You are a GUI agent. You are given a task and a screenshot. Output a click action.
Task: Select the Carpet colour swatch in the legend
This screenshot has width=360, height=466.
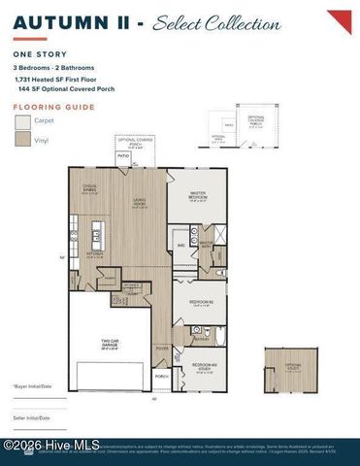(x=22, y=122)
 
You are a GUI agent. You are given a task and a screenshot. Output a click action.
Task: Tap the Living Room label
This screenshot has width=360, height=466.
(x=139, y=204)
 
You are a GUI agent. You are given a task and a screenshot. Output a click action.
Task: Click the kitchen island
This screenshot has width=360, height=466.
(x=97, y=235)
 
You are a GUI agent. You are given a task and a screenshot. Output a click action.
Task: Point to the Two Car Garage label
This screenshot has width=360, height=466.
(x=111, y=341)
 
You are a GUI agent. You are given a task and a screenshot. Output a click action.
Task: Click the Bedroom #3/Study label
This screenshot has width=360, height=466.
(x=200, y=369)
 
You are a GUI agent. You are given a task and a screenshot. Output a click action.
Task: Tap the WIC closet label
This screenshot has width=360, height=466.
(x=180, y=246)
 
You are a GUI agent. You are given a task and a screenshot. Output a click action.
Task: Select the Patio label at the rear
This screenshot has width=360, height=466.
(x=123, y=154)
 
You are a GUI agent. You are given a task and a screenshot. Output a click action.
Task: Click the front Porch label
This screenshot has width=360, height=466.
(x=162, y=377)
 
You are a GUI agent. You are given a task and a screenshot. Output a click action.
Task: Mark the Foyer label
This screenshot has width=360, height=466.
(x=162, y=347)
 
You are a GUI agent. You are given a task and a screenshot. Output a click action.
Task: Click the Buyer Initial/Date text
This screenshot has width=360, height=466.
(x=33, y=385)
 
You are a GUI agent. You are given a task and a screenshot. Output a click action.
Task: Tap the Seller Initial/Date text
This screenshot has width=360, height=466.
(x=33, y=418)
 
